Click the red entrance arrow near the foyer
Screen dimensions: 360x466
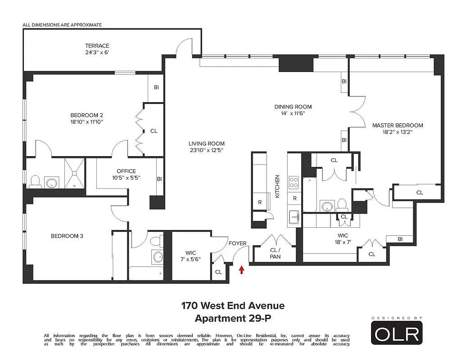[242, 270]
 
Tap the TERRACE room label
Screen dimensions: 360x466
[97, 46]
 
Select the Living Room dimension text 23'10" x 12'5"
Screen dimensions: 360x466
[206, 151]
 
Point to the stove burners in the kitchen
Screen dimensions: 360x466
[294, 182]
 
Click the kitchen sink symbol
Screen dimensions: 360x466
[294, 217]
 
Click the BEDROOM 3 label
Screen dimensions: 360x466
[67, 236]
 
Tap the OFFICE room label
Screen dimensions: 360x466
[126, 171]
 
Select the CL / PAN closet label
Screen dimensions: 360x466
[275, 253]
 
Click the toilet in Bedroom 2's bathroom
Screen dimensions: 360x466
[35, 182]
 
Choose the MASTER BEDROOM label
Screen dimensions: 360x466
[398, 125]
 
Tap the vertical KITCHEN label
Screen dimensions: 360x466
[277, 186]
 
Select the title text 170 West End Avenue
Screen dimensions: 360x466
[233, 306]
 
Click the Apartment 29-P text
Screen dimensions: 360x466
[233, 319]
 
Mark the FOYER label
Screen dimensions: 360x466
[237, 243]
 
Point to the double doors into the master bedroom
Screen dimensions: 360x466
[356, 111]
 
